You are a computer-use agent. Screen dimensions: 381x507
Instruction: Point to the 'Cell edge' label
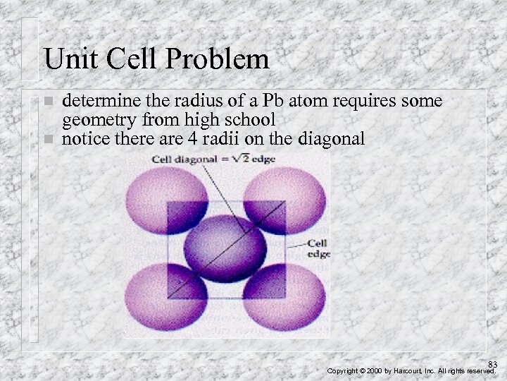click(318, 247)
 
